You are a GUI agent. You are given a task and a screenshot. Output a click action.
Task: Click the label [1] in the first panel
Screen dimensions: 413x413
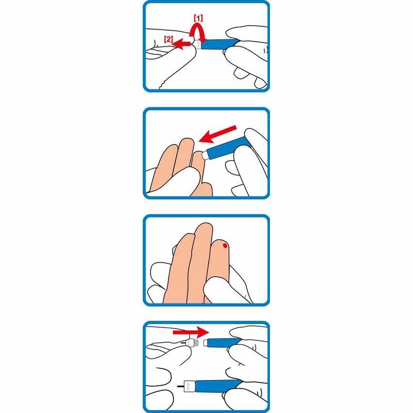point(198,18)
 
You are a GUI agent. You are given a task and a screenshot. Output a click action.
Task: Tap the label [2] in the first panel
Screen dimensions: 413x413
point(168,39)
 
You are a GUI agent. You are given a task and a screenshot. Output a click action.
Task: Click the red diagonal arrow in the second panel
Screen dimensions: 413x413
point(217,134)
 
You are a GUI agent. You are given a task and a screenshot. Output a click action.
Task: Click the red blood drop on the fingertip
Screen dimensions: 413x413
point(225,246)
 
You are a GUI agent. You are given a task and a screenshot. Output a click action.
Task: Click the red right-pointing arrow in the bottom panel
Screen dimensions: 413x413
point(190,332)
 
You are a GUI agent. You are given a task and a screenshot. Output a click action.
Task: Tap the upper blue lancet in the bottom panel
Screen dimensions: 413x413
point(224,343)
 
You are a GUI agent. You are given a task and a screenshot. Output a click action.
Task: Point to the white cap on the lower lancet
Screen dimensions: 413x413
point(189,386)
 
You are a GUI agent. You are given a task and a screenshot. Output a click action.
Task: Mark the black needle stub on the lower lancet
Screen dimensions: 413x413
point(181,387)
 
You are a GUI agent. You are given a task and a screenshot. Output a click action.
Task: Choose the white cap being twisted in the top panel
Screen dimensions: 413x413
point(196,43)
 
